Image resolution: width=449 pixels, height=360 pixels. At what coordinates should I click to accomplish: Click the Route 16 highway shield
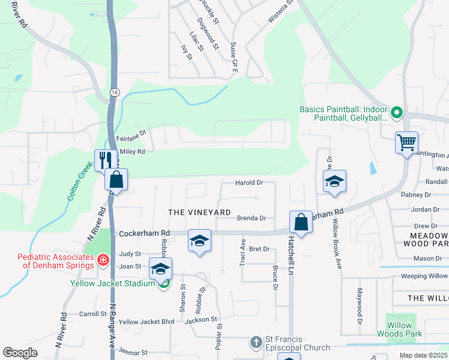click(x=114, y=92)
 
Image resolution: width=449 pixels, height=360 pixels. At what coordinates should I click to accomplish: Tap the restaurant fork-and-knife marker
click(x=104, y=160)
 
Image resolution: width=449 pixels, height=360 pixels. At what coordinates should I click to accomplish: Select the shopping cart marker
click(x=406, y=143)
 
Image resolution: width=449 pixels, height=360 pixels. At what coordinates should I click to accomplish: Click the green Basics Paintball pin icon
click(x=396, y=112)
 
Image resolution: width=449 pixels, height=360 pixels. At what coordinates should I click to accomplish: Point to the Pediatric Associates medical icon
click(x=103, y=260)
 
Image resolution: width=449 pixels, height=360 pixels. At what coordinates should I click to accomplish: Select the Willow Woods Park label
click(x=400, y=329)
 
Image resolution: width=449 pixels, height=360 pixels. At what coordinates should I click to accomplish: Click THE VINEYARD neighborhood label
click(x=199, y=212)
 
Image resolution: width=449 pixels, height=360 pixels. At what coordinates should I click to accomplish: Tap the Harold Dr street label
click(x=249, y=182)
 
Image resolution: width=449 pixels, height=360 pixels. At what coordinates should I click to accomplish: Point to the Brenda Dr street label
click(x=251, y=219)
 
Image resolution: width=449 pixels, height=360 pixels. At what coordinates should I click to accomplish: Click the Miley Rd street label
click(x=133, y=152)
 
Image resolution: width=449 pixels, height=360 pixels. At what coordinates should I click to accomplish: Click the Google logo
click(x=20, y=353)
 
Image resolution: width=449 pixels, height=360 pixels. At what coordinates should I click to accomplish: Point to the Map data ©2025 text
click(x=423, y=355)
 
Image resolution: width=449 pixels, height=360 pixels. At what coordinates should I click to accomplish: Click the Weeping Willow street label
click(x=423, y=277)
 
